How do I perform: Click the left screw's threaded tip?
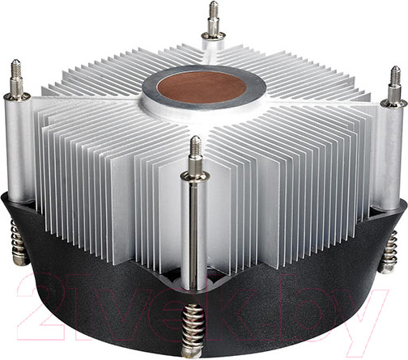pos(15,72)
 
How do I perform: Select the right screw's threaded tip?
pos(394,78)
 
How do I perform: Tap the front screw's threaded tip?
pos(195,149)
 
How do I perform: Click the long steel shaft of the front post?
pos(196,235)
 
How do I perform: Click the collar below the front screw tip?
pos(195,173)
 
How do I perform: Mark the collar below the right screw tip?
pos(394,102)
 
